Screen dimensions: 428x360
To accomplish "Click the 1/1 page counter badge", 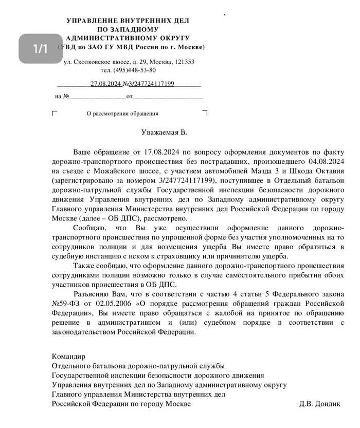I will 41,49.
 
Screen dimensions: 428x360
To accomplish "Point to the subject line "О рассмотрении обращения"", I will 122,114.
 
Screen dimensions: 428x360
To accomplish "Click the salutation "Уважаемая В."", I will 165,132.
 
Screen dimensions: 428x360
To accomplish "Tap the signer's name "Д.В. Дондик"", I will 319,404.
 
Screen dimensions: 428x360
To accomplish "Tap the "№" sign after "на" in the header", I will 66,96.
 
